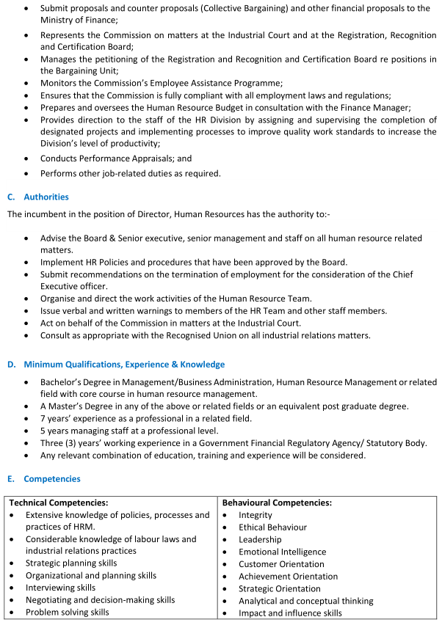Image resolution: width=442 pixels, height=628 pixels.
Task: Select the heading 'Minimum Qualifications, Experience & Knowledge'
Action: point(124,365)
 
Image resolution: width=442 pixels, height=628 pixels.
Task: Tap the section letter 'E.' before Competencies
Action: point(11,478)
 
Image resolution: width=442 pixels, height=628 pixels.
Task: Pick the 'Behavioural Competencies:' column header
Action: point(277,503)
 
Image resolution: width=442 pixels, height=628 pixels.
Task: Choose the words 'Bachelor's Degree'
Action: point(81,382)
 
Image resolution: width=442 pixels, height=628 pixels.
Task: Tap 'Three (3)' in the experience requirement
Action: point(60,443)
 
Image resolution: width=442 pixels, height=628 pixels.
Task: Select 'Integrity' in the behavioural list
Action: point(256,515)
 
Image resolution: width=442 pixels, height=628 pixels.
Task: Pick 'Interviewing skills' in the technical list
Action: point(61,588)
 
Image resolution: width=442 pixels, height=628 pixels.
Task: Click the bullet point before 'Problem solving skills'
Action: point(13,613)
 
